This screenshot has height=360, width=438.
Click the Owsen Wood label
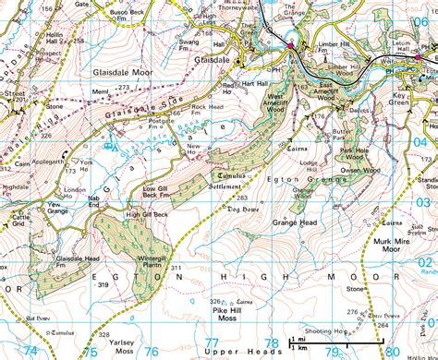(361, 170)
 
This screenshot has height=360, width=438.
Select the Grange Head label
(296, 222)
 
